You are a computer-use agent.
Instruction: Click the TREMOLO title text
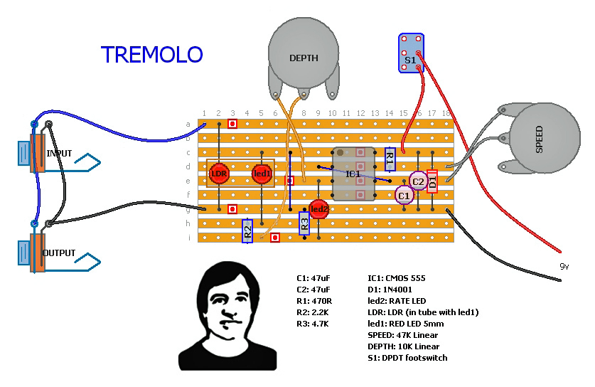pos(151,55)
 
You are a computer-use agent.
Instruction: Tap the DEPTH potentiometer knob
pos(304,57)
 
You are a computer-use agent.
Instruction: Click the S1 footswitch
pos(411,53)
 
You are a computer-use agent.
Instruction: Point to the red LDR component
pos(218,173)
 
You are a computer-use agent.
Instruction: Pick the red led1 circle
pos(262,173)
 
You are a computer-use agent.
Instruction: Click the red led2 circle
pos(318,208)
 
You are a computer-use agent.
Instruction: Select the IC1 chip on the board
pos(353,174)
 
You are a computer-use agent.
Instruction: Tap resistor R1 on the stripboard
pos(390,159)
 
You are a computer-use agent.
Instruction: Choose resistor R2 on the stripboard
pos(247,229)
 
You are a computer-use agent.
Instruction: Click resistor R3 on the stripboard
pos(304,224)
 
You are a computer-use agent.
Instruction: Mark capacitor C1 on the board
pos(404,195)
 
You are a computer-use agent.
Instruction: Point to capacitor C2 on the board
pos(418,181)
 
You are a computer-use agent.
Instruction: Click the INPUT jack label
pos(59,153)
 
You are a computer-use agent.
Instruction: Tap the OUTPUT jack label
pos(59,253)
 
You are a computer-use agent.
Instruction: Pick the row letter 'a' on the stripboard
pos(188,124)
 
